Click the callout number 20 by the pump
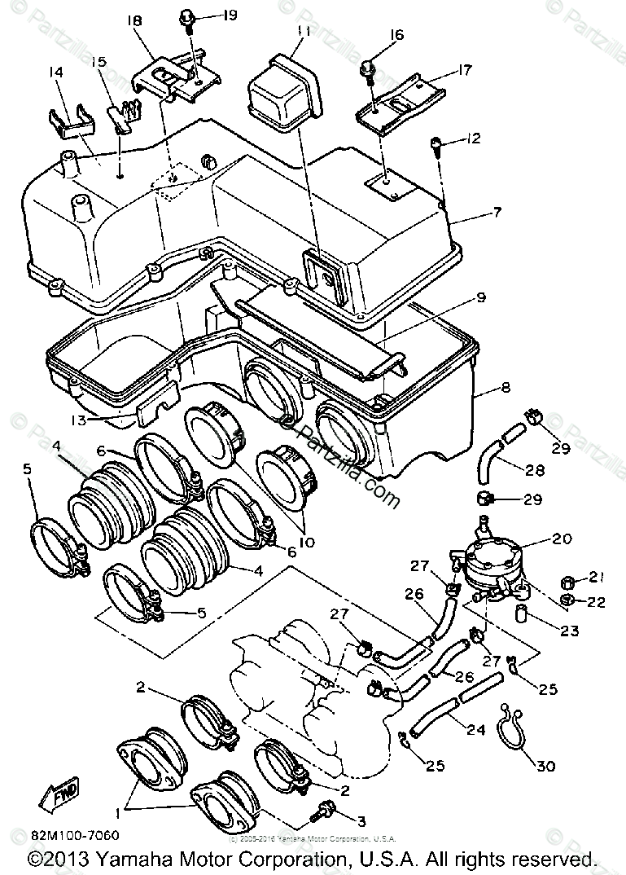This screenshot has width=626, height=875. (562, 539)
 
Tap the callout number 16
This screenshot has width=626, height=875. (396, 34)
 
